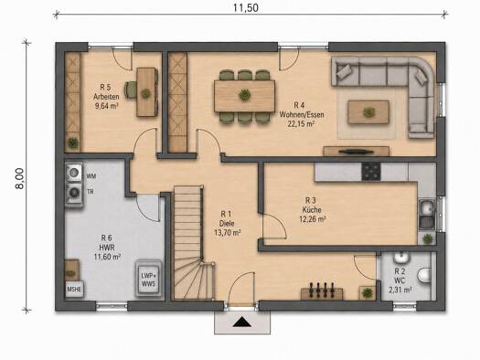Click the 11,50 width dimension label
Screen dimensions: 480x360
[246, 7]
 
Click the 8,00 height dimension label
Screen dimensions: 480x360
[19, 178]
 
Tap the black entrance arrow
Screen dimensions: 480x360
[242, 322]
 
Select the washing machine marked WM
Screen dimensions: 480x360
[74, 173]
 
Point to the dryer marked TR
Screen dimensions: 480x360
[74, 193]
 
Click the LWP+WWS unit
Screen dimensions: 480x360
[148, 279]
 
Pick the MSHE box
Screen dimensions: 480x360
[74, 289]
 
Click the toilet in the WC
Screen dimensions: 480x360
[425, 275]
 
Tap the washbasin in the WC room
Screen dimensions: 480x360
[400, 258]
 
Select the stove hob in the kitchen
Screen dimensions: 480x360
[371, 172]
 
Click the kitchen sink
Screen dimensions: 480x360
[427, 215]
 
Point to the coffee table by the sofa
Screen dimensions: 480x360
[368, 112]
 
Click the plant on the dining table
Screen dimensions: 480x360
[244, 95]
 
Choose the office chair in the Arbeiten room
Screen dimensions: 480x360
[131, 90]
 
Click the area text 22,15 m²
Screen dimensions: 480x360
[302, 123]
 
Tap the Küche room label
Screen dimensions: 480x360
[312, 210]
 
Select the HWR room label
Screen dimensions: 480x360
[107, 247]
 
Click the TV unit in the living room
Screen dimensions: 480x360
[356, 152]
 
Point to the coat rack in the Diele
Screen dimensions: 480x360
[322, 291]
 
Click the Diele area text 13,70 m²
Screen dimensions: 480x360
[227, 233]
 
